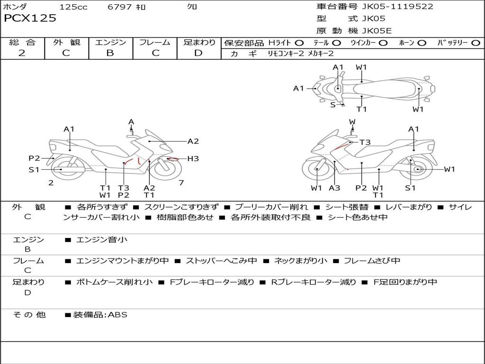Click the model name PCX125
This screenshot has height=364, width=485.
tap(30, 18)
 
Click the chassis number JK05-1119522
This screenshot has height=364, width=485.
tap(397, 6)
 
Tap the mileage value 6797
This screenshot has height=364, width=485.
tap(120, 7)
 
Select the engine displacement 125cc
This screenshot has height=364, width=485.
tap(73, 7)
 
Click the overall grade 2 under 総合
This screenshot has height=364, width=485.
tap(22, 53)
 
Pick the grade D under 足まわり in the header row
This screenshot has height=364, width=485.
tap(198, 53)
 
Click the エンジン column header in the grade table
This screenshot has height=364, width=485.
tap(110, 42)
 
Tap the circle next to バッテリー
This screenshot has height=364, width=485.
tap(476, 43)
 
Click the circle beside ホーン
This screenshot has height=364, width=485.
tap(422, 43)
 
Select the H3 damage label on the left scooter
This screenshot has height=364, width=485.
tap(193, 159)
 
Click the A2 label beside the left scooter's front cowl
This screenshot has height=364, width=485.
tap(193, 141)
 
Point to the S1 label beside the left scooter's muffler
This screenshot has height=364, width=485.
tap(34, 170)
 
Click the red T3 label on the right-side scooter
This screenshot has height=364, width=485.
tap(365, 142)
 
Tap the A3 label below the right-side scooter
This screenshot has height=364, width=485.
tap(334, 188)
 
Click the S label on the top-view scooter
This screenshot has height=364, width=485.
tap(333, 105)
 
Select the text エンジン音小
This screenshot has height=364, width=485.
tap(102, 239)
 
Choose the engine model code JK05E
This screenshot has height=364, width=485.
tap(377, 31)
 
